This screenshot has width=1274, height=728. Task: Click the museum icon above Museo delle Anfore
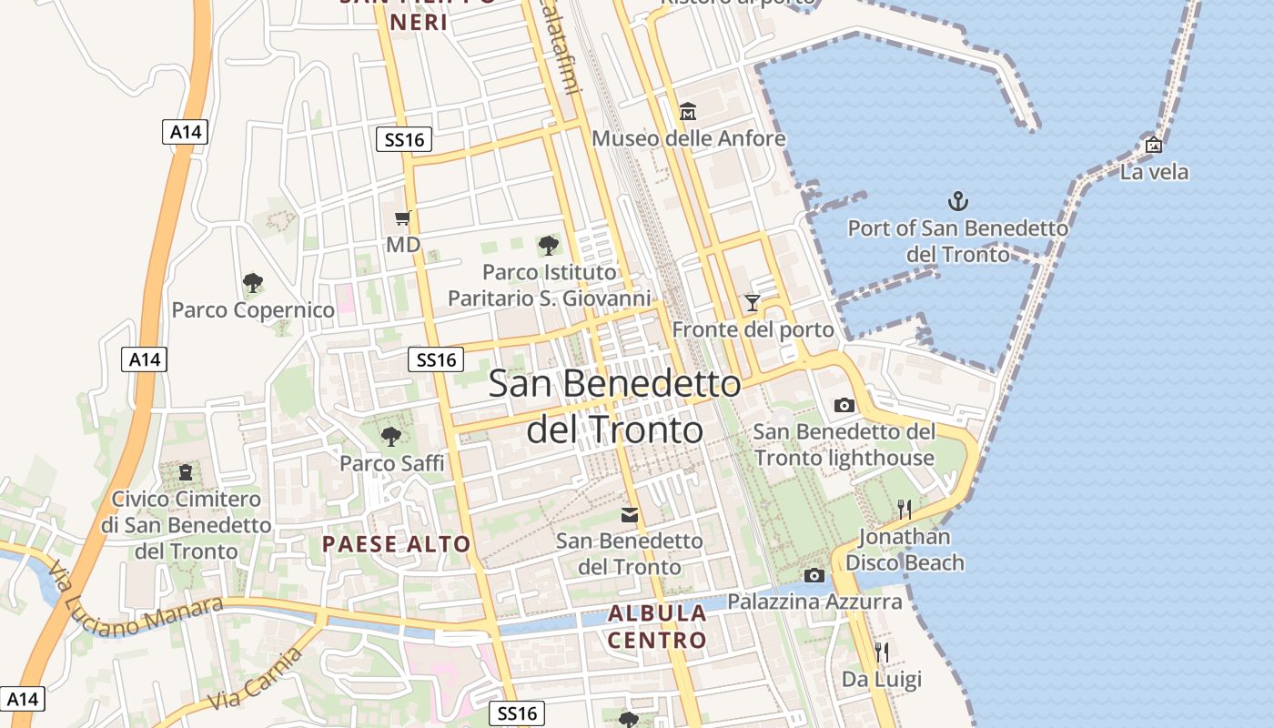point(688,112)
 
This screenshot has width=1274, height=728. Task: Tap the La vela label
point(1154,172)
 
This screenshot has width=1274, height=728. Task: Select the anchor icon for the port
point(957,201)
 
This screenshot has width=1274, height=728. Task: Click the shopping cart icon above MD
point(402,217)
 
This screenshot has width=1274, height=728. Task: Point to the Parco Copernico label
point(253,310)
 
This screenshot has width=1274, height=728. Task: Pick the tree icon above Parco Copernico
point(253,283)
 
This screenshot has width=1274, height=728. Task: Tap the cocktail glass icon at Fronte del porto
point(753,302)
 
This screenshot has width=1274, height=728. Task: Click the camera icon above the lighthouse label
point(844,405)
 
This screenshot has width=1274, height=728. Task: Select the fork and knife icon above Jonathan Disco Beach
point(904,509)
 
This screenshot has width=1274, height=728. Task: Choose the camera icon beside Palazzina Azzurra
point(814,575)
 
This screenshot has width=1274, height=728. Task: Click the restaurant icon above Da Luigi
point(881,652)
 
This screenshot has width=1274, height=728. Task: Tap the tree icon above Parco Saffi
point(391,437)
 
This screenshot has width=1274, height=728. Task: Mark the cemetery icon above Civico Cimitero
point(186,472)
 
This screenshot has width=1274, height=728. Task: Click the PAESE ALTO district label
point(397,545)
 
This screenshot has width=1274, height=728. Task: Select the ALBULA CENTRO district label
point(657,626)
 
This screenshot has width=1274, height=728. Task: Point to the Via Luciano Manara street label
point(136,602)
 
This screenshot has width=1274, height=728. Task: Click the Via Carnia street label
point(255,680)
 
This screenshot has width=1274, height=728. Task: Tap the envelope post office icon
point(629,515)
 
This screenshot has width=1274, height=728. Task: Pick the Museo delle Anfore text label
point(688,138)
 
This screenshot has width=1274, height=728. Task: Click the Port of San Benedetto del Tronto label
point(957,240)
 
